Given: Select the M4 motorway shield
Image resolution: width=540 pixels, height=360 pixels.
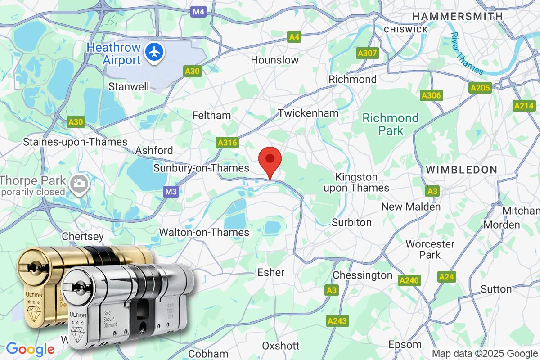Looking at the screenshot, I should pyautogui.click(x=198, y=12).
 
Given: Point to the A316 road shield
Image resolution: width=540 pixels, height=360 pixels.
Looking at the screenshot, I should pyautogui.click(x=227, y=143).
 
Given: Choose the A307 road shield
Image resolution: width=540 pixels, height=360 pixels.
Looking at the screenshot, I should pyautogui.click(x=367, y=54).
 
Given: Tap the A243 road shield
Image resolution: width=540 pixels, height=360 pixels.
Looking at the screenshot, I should pyautogui.click(x=337, y=321).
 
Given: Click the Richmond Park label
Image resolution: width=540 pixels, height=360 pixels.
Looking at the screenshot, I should pyautogui.click(x=391, y=124).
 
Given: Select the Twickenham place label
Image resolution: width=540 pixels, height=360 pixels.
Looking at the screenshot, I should pyautogui.click(x=308, y=113).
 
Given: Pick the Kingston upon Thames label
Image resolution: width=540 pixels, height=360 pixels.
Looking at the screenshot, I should pyautogui.click(x=357, y=182).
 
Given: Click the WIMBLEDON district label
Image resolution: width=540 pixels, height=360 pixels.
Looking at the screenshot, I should pyautogui.click(x=461, y=170).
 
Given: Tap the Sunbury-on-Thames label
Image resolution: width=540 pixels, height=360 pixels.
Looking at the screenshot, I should pyautogui.click(x=201, y=168).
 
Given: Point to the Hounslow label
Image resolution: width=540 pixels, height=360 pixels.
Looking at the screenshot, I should pyautogui.click(x=274, y=60).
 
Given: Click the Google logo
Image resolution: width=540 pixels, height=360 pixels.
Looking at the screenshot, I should pyautogui.click(x=30, y=349).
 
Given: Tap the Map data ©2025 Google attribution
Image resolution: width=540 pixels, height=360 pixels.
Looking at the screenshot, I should pyautogui.click(x=484, y=353).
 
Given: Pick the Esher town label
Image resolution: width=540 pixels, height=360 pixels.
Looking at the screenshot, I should pyautogui.click(x=271, y=272).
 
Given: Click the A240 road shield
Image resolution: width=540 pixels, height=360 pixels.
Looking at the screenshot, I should pyautogui.click(x=409, y=280).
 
